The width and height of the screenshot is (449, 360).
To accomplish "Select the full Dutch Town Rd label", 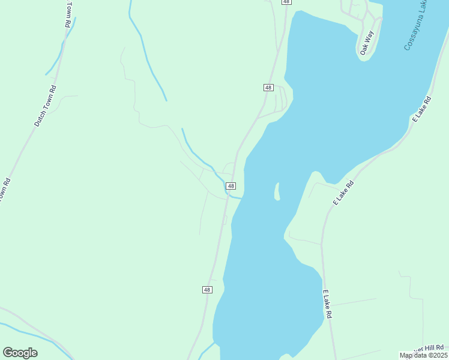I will point(46,106).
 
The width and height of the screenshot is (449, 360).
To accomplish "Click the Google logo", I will point(20,353).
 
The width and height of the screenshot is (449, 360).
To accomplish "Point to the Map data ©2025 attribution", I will point(424,355).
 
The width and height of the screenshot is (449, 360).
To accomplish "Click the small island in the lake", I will point(277,192).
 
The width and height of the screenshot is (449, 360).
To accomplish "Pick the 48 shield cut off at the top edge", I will point(286,2).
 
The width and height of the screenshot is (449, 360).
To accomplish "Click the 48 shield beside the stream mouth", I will point(231,186).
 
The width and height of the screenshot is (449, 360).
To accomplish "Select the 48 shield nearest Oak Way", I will point(268,88).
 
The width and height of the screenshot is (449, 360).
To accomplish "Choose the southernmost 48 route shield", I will point(207,290).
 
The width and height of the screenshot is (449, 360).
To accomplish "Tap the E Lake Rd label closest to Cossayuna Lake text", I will point(423,109).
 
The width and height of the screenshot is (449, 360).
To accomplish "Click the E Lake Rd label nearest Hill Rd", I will point(327,304).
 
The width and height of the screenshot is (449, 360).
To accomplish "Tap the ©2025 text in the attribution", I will point(438,355).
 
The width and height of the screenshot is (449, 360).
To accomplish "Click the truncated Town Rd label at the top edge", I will point(68,13).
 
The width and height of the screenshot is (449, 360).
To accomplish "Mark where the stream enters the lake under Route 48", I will point(241,197).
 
